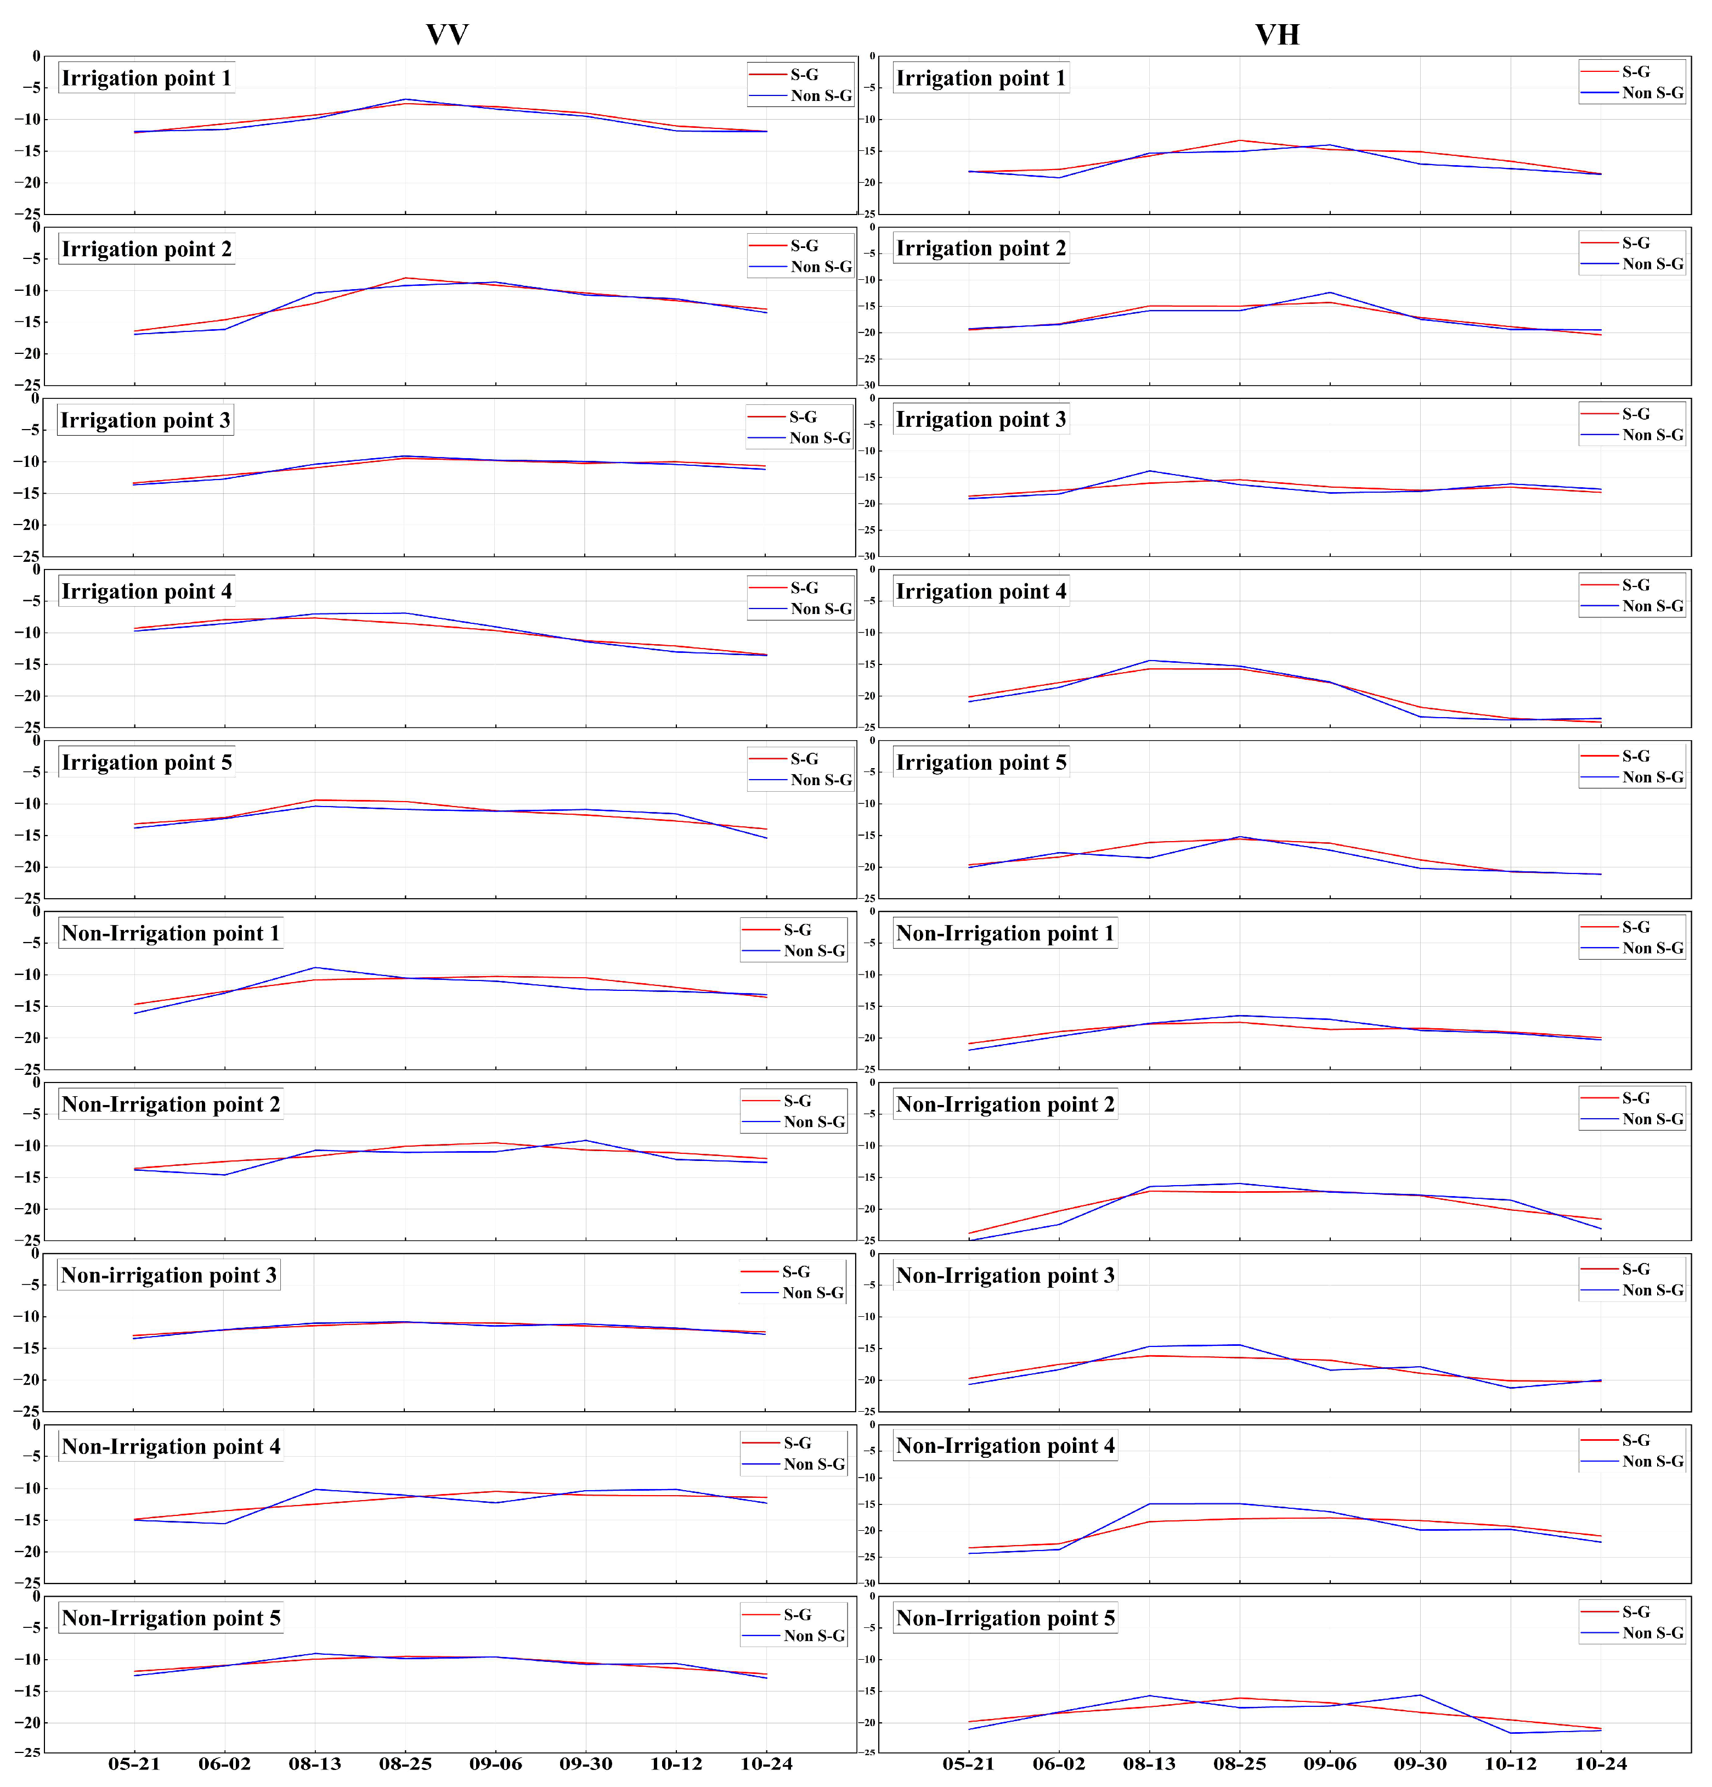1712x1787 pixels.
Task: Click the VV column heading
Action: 447,35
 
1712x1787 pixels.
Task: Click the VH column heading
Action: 1276,35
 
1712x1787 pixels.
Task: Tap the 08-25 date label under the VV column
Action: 405,1763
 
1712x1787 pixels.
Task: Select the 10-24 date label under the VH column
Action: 1601,1763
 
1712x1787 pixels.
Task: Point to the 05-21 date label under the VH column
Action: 968,1763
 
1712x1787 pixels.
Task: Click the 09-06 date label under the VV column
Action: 495,1763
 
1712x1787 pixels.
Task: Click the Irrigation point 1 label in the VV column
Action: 146,78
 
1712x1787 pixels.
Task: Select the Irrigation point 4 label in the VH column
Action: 980,591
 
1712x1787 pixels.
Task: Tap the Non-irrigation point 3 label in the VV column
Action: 168,1276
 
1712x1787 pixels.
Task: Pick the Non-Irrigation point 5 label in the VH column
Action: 1004,1619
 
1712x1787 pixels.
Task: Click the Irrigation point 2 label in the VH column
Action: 980,249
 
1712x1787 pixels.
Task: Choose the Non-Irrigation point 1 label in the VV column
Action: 171,934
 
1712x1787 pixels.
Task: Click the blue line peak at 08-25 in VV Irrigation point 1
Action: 405,99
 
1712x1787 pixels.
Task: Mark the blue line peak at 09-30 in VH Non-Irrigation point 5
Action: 1420,1695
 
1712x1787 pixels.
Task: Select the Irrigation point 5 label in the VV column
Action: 146,763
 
